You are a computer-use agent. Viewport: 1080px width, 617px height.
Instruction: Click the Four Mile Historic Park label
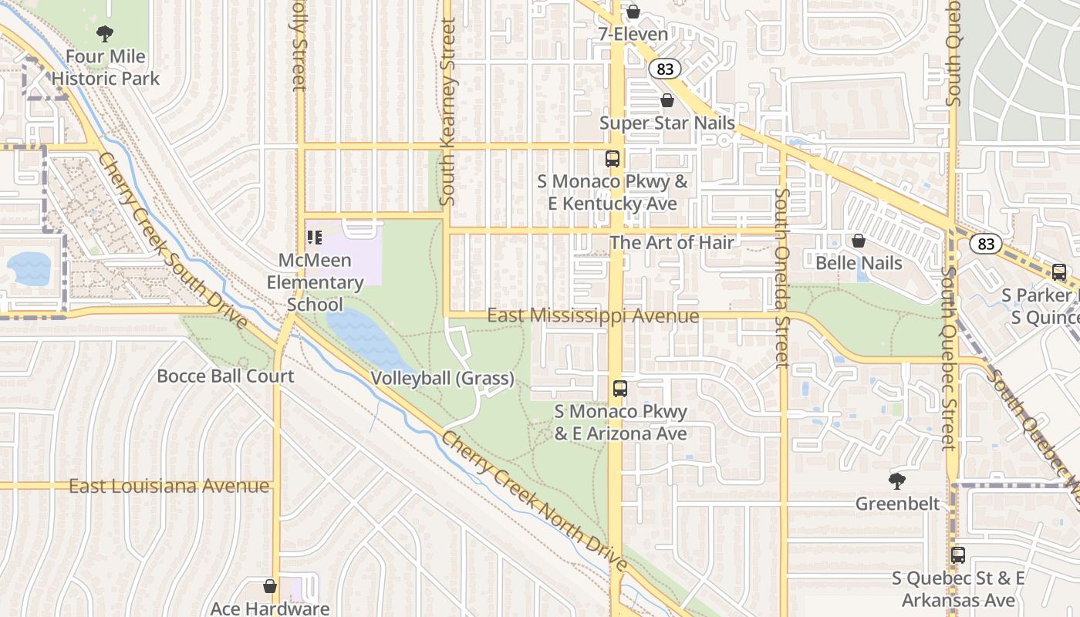point(106,68)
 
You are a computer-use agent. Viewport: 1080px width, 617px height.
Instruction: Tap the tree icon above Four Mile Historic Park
point(105,34)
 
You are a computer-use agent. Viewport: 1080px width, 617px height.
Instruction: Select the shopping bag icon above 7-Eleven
point(633,12)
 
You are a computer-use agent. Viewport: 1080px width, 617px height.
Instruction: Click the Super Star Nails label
point(667,123)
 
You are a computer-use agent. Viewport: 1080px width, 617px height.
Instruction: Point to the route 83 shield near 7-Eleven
point(665,69)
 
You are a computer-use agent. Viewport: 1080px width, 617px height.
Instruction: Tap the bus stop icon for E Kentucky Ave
point(613,159)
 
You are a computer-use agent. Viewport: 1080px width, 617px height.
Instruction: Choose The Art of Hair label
point(672,242)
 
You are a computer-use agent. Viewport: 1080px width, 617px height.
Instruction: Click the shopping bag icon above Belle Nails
point(859,241)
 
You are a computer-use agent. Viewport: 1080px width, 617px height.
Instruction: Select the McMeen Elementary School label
point(315,282)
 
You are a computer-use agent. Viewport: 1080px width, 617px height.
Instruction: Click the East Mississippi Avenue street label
point(593,316)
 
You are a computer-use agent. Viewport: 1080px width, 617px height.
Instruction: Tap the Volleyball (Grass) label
point(442,378)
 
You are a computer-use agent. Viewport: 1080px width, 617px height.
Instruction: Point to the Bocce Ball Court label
point(225,376)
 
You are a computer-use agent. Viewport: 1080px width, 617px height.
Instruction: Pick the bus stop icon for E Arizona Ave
point(620,389)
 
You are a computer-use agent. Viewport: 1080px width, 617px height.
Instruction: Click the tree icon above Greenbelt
point(896,482)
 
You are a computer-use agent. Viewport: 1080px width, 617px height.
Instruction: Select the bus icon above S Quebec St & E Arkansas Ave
point(958,555)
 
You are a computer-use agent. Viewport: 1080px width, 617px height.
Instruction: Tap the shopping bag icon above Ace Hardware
point(270,586)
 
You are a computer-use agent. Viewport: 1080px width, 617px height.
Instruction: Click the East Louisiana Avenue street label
point(170,487)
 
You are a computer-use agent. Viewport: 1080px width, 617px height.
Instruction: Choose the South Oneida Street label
point(782,278)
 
